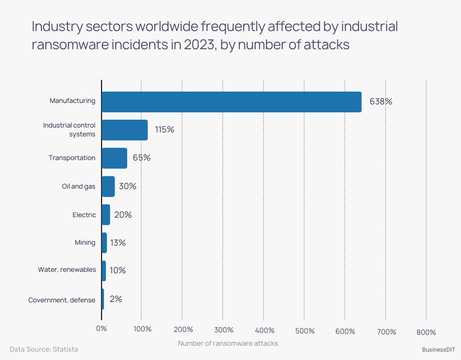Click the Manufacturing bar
pyautogui.click(x=231, y=102)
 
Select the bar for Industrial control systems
pyautogui.click(x=125, y=130)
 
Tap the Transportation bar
pyautogui.click(x=114, y=158)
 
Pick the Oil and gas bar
pyautogui.click(x=108, y=187)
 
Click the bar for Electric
pyautogui.click(x=105, y=215)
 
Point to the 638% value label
pyautogui.click(x=381, y=102)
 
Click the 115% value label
pyautogui.click(x=165, y=130)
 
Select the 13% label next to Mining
pyautogui.click(x=117, y=243)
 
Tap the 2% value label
pyautogui.click(x=116, y=299)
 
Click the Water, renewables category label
pyautogui.click(x=67, y=270)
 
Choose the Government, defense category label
pyautogui.click(x=62, y=300)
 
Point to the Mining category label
pyautogui.click(x=85, y=243)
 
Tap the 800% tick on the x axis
pyautogui.click(x=426, y=332)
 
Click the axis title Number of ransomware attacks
pyautogui.click(x=228, y=343)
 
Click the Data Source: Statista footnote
pyautogui.click(x=44, y=349)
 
